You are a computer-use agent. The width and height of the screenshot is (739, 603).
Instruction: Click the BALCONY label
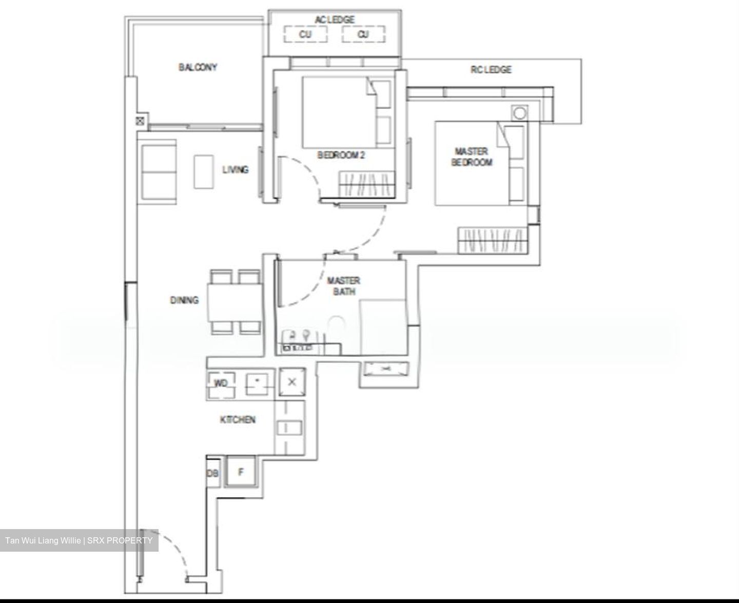pos(198,67)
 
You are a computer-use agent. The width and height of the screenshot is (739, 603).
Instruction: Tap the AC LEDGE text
pos(334,20)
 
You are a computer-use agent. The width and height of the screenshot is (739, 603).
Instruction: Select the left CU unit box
pos(305,34)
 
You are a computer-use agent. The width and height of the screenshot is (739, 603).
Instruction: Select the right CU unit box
pos(363,34)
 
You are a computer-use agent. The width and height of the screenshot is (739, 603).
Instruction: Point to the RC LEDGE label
pos(491,70)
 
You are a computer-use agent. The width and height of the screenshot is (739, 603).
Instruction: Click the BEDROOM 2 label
pos(341,155)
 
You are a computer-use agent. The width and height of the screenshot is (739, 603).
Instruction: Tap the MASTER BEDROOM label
pos(471,157)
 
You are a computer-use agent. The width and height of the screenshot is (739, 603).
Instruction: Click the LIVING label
pos(235,169)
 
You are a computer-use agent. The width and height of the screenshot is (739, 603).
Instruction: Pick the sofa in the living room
pos(158,172)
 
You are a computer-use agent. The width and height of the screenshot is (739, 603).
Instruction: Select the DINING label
pos(184,300)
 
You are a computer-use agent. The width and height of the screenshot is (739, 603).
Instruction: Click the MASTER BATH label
pos(343,286)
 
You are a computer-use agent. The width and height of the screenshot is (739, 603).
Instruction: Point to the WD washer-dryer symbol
pos(221,384)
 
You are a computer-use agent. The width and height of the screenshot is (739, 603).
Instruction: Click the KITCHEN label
pos(238,420)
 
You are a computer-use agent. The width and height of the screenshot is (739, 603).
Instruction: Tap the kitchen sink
pos(289,428)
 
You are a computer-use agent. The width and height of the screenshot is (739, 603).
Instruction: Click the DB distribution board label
pos(212,473)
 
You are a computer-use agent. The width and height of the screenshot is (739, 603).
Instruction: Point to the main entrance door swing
pos(164,554)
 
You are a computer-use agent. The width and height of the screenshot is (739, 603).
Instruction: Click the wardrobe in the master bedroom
pos(492,240)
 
